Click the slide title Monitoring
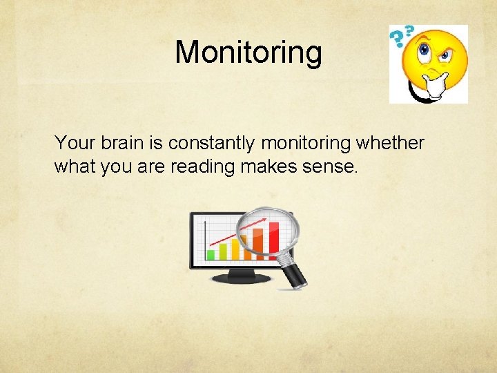click(248, 52)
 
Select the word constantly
click(210, 143)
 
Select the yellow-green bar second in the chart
click(222, 249)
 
